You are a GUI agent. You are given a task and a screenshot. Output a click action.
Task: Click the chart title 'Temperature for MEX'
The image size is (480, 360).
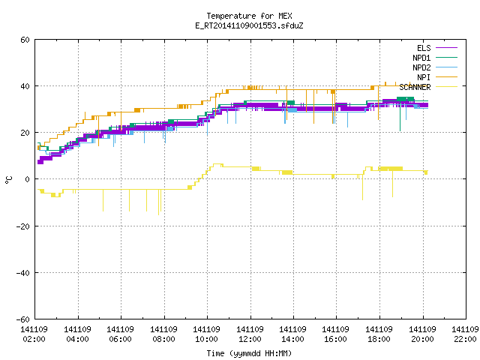point(249,16)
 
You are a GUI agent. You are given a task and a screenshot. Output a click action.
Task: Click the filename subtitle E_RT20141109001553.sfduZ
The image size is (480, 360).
point(249,25)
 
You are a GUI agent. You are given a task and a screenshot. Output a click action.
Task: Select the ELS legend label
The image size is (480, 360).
point(424,48)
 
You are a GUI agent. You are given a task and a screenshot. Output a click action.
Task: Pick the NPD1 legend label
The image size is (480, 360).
point(421,58)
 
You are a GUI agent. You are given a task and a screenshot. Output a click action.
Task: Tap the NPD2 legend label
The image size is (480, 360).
point(421,67)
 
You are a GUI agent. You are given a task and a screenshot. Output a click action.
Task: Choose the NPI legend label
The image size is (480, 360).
point(424,77)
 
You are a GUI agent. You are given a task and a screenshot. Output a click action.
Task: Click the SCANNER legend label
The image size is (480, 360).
point(415,87)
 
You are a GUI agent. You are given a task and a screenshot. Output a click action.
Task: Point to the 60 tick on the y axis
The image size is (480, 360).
point(25,40)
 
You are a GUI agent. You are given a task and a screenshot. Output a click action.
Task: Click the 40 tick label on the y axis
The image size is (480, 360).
point(25,86)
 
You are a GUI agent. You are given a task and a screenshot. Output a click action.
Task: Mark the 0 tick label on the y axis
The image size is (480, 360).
point(28,179)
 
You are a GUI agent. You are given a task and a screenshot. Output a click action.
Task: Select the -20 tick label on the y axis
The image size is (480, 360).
point(23,226)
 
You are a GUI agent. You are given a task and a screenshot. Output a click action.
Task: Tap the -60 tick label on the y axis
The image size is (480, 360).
point(23,319)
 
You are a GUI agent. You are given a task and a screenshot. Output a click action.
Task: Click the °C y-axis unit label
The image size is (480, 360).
point(8,180)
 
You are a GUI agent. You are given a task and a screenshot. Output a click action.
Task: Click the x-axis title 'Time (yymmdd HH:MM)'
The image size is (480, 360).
point(249,353)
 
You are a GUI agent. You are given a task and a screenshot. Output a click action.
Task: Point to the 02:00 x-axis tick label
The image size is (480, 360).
point(34,339)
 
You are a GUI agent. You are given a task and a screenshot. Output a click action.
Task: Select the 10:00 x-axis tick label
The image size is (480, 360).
point(207,339)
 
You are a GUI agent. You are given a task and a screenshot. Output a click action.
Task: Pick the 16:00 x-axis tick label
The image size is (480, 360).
point(336,339)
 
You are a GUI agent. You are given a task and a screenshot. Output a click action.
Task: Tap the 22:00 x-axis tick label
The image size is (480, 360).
point(465,339)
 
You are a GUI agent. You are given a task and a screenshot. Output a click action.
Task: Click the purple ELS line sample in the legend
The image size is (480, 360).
point(447,48)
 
